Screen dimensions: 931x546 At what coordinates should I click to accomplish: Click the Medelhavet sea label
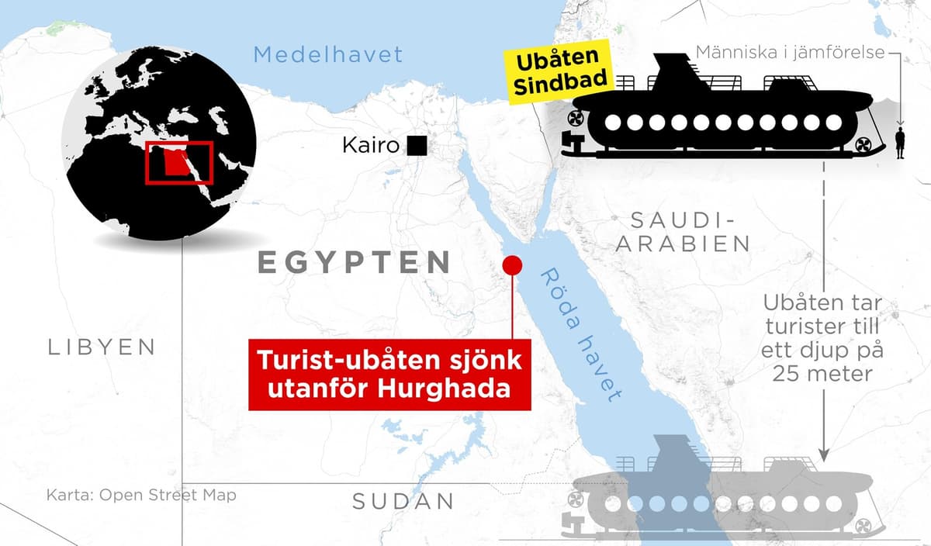pos(328,54)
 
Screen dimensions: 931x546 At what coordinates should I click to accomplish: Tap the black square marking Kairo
pos(417,145)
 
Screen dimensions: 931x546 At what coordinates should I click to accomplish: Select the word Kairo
pos(371,145)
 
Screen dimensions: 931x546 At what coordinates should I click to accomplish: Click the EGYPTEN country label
pos(354,262)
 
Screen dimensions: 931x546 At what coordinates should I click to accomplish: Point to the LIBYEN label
pos(102,347)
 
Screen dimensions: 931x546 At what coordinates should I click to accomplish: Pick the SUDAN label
pos(403,501)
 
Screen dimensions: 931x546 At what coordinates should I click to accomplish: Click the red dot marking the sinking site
pos(512,265)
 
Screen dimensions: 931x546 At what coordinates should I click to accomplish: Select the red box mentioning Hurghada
pos(389,374)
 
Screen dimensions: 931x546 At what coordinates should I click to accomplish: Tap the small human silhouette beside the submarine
pos(900,144)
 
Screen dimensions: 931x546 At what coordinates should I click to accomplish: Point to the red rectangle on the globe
pos(178,163)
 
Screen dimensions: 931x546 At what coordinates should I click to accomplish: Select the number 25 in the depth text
pos(791,373)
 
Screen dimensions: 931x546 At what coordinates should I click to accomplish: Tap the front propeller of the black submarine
pos(861,145)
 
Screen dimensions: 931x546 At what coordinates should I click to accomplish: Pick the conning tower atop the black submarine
pos(675,74)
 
